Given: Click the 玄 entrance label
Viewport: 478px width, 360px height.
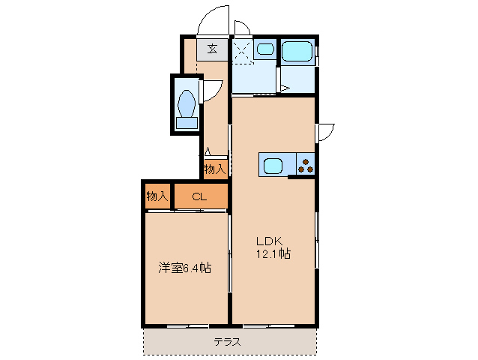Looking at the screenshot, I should point(213,49).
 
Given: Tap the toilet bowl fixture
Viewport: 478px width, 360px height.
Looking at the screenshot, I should point(187,106).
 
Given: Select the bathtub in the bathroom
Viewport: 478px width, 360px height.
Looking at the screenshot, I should point(298,52).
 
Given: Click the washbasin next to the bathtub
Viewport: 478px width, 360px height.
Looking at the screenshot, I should point(264,50).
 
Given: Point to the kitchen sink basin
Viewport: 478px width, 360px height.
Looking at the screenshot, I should point(272,164).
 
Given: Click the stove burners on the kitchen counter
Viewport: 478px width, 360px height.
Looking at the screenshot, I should point(306,164).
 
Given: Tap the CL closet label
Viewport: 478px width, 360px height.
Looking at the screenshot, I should point(199,197).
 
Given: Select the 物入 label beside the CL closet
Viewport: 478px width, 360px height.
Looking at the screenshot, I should point(157,196).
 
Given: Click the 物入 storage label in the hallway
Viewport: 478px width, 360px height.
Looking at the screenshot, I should point(214,169).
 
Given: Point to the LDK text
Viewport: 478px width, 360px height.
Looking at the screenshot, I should point(268,241).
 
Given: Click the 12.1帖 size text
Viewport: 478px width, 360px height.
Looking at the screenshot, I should point(273,254).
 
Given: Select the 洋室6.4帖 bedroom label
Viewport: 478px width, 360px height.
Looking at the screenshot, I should point(184,268).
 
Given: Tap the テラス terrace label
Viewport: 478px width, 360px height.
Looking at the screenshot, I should point(226,341).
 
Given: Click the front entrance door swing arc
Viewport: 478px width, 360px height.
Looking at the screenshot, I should point(213,19).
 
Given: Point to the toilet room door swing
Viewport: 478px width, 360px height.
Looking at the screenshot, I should point(211,89).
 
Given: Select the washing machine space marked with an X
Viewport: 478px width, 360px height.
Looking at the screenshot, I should point(242,51).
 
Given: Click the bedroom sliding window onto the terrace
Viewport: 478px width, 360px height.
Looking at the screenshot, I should point(187,325).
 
